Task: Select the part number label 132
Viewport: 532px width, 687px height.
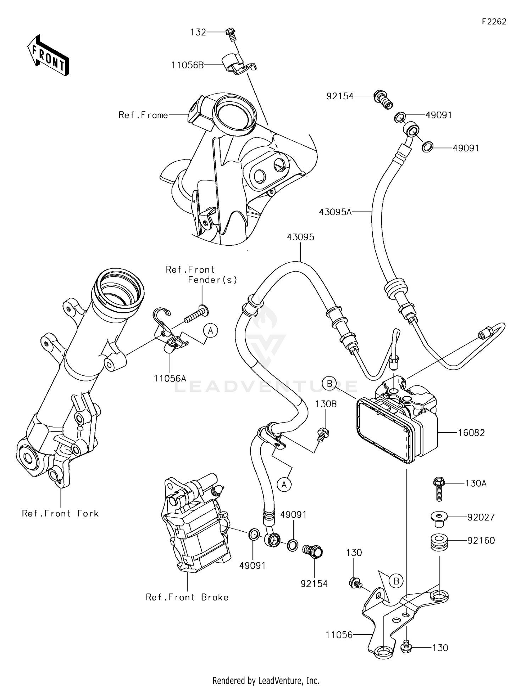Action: click(x=198, y=32)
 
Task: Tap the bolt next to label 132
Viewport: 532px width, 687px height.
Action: click(x=231, y=34)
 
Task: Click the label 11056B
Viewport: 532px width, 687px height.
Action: click(x=188, y=65)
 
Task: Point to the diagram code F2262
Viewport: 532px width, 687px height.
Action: click(x=494, y=22)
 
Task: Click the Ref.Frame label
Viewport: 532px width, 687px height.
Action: click(x=143, y=115)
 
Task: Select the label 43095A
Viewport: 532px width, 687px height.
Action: click(x=335, y=212)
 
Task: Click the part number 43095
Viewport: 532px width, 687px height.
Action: click(x=300, y=237)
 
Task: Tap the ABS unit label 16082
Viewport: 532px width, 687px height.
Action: click(x=471, y=432)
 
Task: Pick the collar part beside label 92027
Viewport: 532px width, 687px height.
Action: click(x=438, y=518)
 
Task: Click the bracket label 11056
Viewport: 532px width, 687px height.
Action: click(x=339, y=635)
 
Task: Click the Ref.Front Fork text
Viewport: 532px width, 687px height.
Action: click(x=60, y=514)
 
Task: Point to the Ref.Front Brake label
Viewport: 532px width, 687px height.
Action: click(x=187, y=597)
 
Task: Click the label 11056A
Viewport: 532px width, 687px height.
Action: click(x=170, y=378)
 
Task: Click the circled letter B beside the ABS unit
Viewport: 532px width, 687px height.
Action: click(x=329, y=383)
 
